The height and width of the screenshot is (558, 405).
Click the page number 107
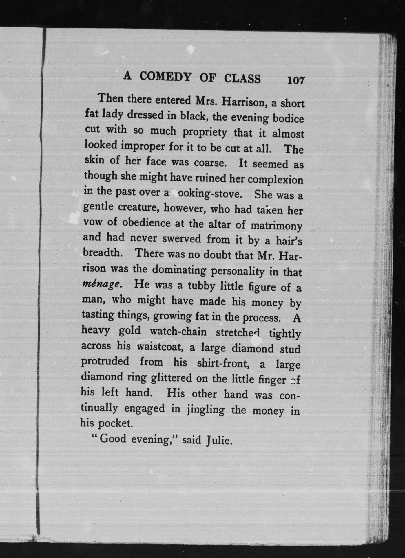296,80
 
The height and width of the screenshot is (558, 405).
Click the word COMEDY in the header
165,77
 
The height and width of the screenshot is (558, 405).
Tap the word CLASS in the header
242,79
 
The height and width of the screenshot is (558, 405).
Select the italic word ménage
101,283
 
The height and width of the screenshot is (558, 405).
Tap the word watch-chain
178,332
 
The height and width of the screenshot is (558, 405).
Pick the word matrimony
276,226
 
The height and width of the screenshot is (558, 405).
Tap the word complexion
275,180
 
